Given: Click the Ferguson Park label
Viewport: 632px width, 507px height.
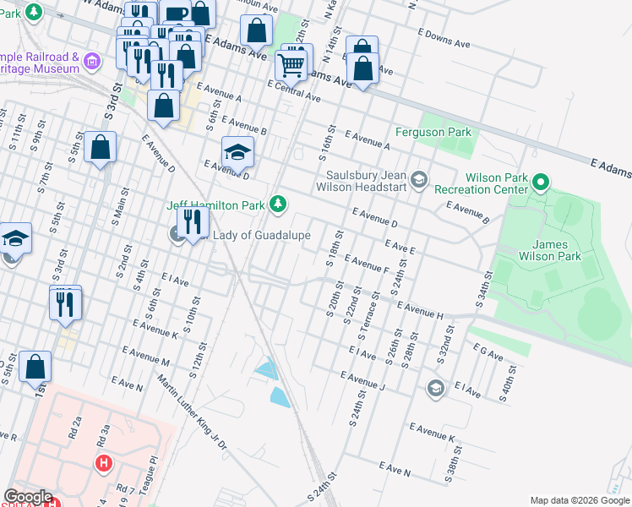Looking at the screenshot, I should pos(433,133).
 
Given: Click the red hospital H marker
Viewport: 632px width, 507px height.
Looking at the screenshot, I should pos(103,463).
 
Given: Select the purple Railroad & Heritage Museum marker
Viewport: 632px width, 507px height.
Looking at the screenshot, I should pos(93,60).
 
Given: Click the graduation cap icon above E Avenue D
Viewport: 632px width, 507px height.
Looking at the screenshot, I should pos(237,153).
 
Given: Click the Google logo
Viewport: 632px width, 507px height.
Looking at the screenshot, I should pos(29,497).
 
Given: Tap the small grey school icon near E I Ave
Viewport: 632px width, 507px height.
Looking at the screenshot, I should pos(435,388).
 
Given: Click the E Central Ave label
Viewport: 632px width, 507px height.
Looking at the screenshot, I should pos(294,90).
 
